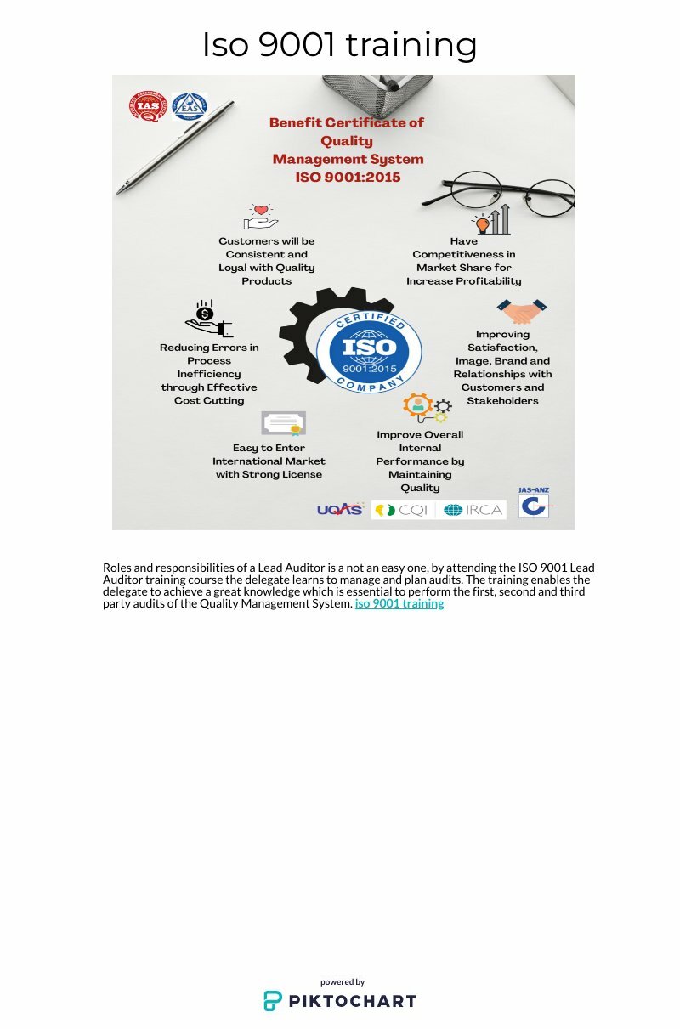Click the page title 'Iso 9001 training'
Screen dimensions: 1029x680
coord(339,44)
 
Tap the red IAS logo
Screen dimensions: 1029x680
coord(148,106)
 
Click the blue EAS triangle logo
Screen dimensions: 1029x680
coord(189,106)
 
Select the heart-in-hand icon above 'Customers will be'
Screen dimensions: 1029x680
coord(261,218)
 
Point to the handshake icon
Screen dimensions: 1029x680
coord(522,311)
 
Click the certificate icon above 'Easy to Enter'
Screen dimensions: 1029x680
coord(283,423)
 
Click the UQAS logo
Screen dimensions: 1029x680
coord(339,510)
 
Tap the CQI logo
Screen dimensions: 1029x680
coord(403,510)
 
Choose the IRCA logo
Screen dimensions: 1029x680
coord(473,510)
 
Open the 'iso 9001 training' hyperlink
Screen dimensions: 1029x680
coord(399,604)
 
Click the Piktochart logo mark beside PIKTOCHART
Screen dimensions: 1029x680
coord(272,1001)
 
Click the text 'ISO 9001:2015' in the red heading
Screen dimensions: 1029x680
coord(348,178)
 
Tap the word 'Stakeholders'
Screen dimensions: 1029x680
coord(502,400)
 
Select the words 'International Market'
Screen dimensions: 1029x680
coord(269,461)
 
